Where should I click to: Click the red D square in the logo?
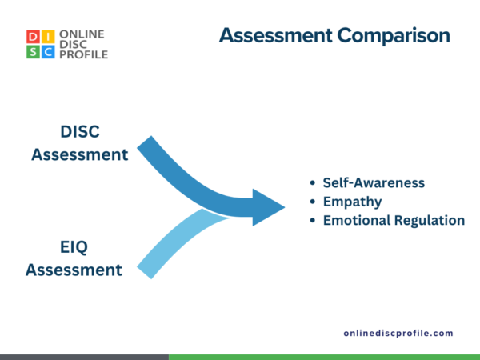click(x=32, y=37)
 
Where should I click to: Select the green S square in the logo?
click(x=32, y=52)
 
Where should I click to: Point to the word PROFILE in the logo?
click(x=84, y=54)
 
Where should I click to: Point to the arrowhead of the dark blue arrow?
click(x=269, y=207)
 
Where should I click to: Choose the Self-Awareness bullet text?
click(x=374, y=182)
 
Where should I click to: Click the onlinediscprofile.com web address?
click(x=398, y=333)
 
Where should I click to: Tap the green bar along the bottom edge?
click(x=324, y=357)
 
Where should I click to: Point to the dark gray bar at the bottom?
click(x=84, y=357)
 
